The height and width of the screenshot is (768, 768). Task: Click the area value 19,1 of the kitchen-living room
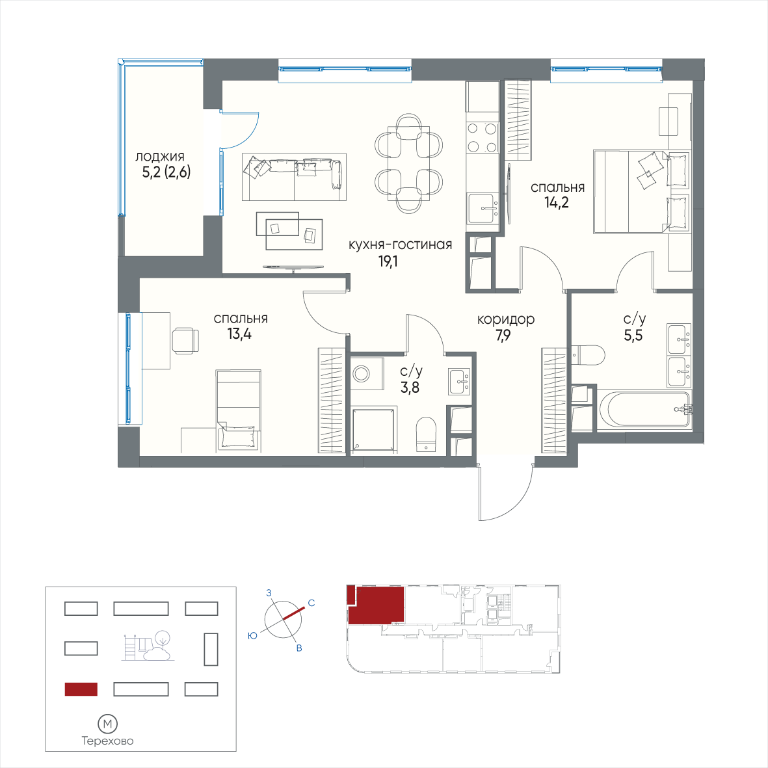click(x=388, y=262)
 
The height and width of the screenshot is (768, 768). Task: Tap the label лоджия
click(x=160, y=157)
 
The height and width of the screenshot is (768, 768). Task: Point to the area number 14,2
click(x=557, y=202)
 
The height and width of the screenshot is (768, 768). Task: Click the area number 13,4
click(x=239, y=334)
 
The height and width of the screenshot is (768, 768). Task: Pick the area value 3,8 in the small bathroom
click(x=410, y=388)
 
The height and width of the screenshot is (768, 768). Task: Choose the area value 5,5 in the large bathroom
click(x=633, y=336)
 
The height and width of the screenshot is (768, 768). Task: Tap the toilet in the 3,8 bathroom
click(x=426, y=434)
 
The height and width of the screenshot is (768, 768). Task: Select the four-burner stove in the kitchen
click(x=483, y=138)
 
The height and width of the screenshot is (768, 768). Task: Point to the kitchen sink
click(x=483, y=209)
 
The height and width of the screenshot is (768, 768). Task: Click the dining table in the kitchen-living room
click(x=408, y=163)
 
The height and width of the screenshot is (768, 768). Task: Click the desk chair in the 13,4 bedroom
click(x=185, y=340)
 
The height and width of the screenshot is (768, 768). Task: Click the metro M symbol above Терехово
click(x=108, y=723)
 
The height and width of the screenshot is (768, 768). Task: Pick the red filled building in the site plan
click(x=81, y=689)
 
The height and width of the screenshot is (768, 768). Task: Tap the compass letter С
click(x=311, y=603)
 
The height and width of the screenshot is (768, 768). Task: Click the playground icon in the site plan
click(x=148, y=646)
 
